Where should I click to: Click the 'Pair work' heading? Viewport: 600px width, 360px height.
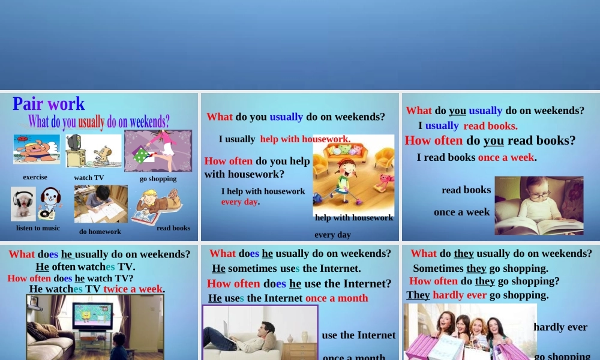coord(49,104)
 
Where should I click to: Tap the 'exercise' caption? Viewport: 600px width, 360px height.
coord(35,177)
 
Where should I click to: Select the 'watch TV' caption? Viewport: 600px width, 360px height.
coord(89,178)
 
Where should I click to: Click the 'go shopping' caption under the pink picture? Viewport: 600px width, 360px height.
coord(158,179)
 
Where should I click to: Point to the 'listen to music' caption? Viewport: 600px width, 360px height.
coord(38,228)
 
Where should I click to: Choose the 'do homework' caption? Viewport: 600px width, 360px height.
coord(100,232)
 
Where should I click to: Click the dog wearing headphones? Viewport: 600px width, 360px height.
coord(23,203)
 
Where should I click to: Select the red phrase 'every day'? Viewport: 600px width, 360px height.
coord(239,202)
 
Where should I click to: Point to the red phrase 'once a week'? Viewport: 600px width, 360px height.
coord(506,157)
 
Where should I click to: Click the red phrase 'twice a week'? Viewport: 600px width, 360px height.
coord(133,289)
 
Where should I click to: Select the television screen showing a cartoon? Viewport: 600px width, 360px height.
coord(92,316)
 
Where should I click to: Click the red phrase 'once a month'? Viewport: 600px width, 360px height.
coord(337,298)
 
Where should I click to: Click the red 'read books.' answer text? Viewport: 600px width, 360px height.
coord(490,126)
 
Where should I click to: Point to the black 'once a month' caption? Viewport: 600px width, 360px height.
coord(354,356)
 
